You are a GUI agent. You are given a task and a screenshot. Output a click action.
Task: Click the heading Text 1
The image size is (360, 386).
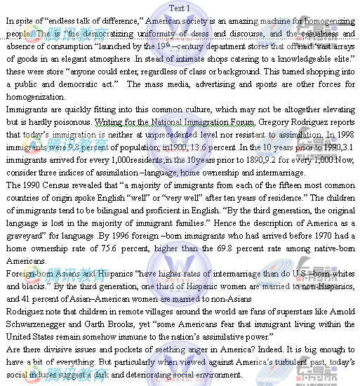(x=179, y=8)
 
